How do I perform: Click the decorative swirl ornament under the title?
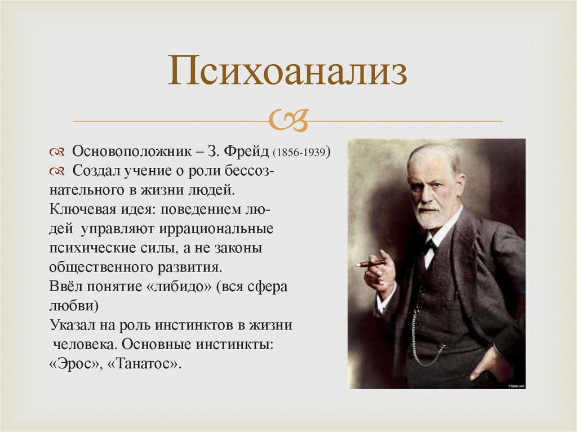pyautogui.click(x=287, y=119)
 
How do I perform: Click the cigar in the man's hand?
pyautogui.click(x=369, y=263)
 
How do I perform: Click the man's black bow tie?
pyautogui.click(x=430, y=245)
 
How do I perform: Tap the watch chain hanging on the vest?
pyautogui.click(x=420, y=338)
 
